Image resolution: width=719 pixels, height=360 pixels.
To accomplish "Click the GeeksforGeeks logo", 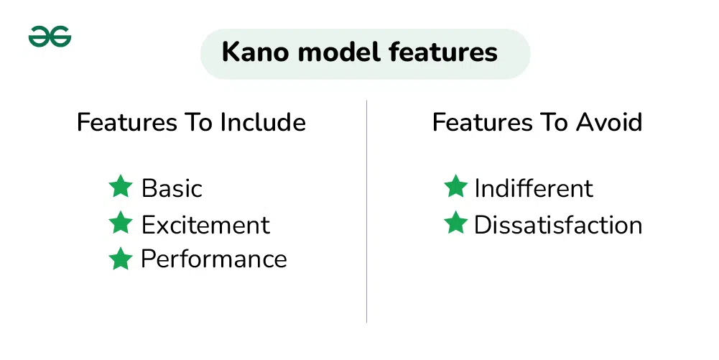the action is coord(50,36).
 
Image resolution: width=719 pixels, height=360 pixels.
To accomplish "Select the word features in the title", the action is coord(443,51).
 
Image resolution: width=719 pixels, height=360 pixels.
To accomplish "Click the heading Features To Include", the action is coord(191,122).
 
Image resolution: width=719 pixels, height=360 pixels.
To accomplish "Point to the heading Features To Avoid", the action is coord(537,122).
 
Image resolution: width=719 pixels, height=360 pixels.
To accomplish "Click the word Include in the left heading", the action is coord(263,122).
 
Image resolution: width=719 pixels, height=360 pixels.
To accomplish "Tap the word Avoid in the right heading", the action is coord(609,122).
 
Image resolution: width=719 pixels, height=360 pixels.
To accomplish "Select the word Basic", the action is coord(172,188).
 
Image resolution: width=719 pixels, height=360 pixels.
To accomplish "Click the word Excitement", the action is coord(205,225).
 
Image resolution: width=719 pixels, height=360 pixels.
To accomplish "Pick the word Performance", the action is coord(213,259).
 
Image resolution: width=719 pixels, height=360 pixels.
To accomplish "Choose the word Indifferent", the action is coord(534,188).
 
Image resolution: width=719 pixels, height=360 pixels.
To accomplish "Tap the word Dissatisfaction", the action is coord(558,225).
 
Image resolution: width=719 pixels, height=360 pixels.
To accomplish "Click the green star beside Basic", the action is coord(121,186).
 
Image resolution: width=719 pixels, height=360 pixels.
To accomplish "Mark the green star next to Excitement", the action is coord(121,223).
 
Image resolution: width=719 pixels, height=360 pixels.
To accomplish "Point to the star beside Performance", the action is coord(121,259).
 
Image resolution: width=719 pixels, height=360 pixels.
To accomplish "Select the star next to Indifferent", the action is coord(456,186).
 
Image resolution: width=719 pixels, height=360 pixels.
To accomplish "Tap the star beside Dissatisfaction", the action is coord(456,223).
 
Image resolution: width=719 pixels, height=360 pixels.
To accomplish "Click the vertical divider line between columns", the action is coord(367,211).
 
